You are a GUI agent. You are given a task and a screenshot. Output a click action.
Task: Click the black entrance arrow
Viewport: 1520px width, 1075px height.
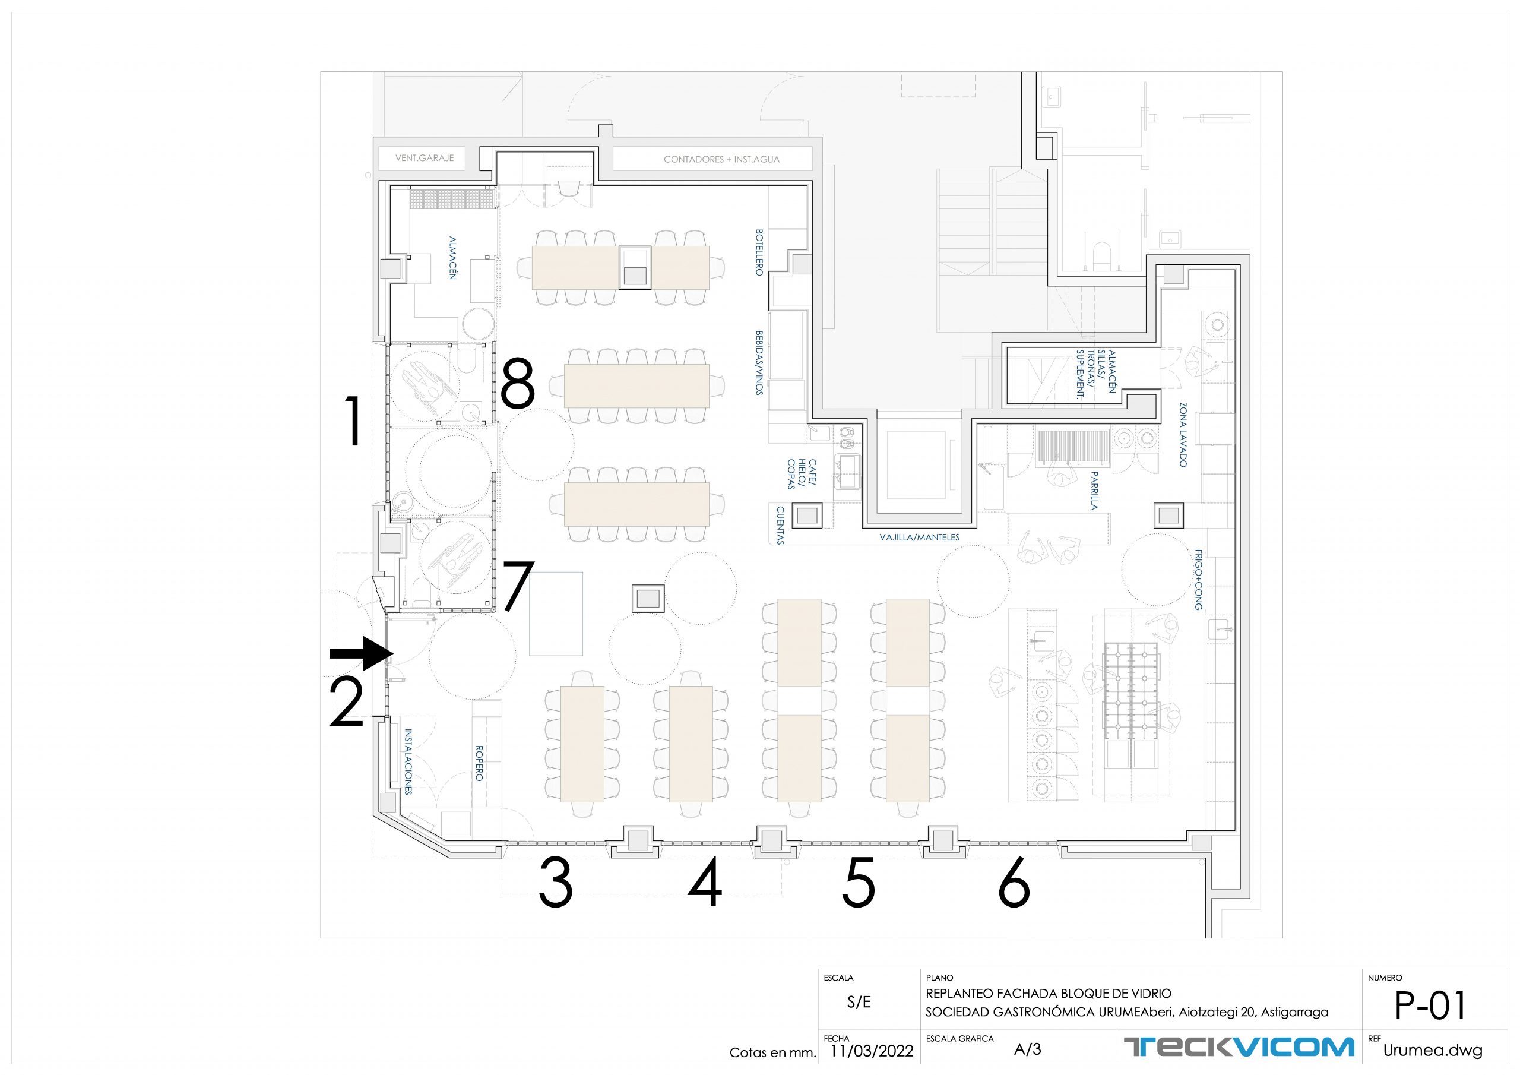click(x=362, y=655)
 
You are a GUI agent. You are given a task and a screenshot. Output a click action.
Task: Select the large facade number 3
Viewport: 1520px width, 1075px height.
click(x=555, y=883)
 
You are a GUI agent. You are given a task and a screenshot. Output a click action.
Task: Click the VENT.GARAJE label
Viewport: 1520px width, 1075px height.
click(x=425, y=159)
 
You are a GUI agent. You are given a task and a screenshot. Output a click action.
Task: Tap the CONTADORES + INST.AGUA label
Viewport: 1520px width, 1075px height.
click(x=721, y=160)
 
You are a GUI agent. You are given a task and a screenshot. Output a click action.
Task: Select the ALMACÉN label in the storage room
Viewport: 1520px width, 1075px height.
click(x=453, y=258)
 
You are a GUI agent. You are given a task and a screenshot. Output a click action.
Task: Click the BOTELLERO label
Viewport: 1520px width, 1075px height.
click(x=759, y=252)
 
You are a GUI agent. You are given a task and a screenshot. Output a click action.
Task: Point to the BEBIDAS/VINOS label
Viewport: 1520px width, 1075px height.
click(x=759, y=363)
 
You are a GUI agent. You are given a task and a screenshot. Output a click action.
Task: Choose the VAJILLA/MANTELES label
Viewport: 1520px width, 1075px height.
click(x=920, y=537)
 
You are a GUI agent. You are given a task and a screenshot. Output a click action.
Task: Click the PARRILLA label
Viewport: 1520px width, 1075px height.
click(x=1094, y=490)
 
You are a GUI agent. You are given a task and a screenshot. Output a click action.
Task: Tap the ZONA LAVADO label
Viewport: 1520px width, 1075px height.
click(x=1183, y=435)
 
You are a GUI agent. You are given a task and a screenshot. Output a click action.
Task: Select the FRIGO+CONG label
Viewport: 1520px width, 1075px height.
click(x=1198, y=579)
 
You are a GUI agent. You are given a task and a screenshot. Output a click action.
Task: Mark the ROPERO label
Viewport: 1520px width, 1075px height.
click(x=479, y=763)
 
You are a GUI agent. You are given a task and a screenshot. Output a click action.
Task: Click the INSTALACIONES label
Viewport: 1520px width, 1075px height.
click(x=408, y=762)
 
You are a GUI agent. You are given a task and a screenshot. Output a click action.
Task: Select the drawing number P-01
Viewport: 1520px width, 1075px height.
click(x=1430, y=1006)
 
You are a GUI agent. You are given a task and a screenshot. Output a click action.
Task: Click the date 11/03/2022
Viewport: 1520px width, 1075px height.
click(x=871, y=1051)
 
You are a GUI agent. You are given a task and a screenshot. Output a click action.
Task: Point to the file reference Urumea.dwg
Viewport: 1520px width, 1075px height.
click(x=1432, y=1051)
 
